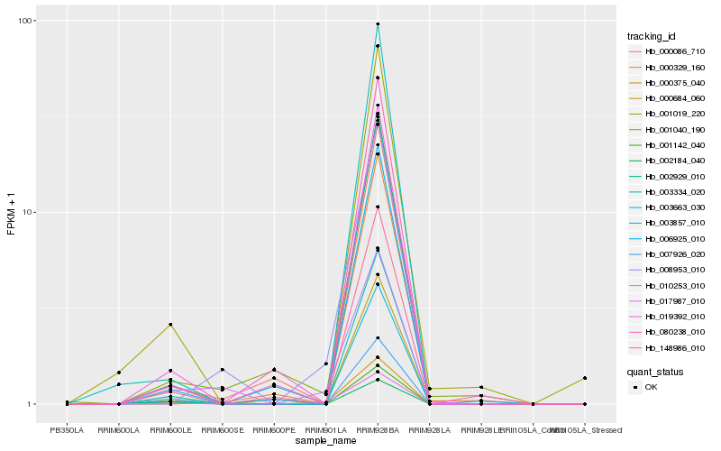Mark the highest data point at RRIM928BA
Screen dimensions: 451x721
(x=378, y=23)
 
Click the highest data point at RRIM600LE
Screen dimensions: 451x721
(x=170, y=325)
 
